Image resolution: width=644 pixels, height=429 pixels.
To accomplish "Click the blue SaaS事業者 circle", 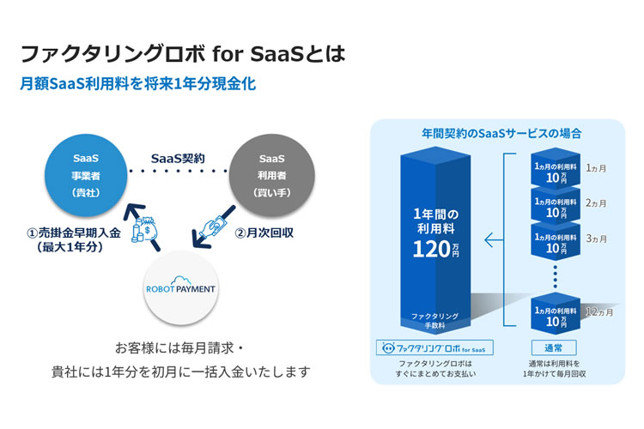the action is point(86,175).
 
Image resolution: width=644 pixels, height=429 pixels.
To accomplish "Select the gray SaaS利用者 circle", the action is point(272,175).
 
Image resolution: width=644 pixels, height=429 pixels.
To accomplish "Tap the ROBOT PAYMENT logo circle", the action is point(180,287).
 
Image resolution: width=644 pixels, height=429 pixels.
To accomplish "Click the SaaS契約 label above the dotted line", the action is point(178,159).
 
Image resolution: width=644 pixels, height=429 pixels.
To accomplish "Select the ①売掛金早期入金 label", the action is point(74,233).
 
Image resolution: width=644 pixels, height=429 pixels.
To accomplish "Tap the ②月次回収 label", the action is point(264,233).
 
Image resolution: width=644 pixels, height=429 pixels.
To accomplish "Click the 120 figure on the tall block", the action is point(432,249).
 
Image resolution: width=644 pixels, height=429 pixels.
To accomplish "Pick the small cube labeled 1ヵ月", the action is point(556,169).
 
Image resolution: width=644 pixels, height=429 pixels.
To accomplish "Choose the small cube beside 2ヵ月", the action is point(556,205).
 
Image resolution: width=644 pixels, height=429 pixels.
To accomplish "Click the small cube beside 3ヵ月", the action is point(556,240).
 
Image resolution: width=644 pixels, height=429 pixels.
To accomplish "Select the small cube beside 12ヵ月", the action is point(556,313).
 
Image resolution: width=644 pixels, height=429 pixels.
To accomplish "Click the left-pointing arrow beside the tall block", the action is point(494,239).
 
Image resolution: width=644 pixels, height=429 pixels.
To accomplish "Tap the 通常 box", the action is point(554,347).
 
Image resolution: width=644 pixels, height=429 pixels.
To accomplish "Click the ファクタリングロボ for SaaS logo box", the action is point(434,347).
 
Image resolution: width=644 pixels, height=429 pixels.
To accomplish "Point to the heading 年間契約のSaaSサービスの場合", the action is point(501,134).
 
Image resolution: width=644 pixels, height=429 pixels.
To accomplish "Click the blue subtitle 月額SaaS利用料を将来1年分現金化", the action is point(138,84).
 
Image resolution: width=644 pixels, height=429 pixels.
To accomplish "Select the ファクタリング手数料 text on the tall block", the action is point(434,321).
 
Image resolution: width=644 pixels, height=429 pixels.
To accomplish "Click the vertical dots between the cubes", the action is point(556,276).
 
